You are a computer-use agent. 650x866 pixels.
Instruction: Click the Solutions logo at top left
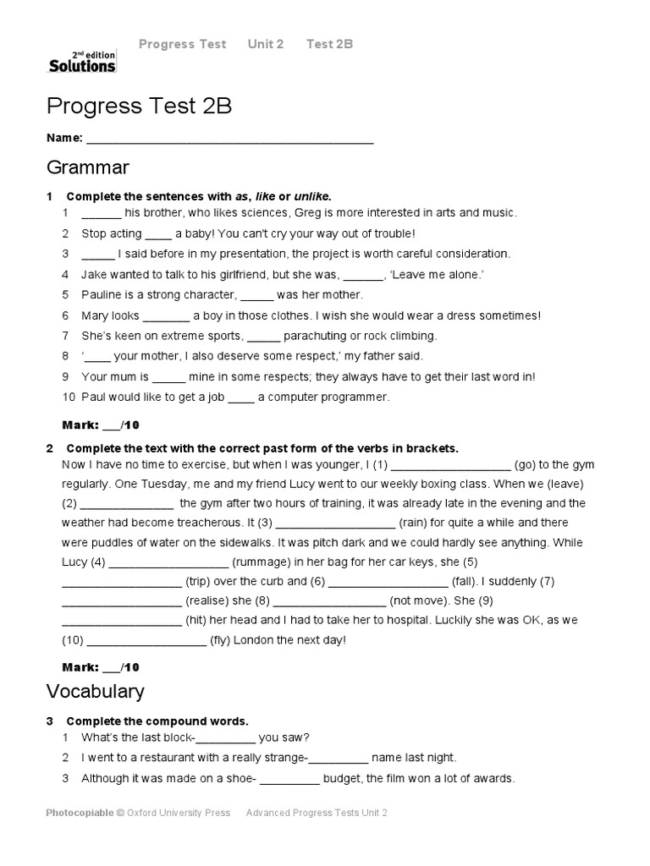click(81, 60)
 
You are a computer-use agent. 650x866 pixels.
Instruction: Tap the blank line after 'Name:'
click(229, 139)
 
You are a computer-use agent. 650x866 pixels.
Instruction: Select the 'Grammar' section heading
click(87, 167)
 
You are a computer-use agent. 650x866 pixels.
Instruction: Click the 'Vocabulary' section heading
click(95, 691)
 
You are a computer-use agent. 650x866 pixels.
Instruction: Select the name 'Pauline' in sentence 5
click(102, 295)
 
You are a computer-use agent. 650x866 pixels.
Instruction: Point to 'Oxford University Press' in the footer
click(179, 814)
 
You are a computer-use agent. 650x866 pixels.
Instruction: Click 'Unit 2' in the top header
click(266, 44)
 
